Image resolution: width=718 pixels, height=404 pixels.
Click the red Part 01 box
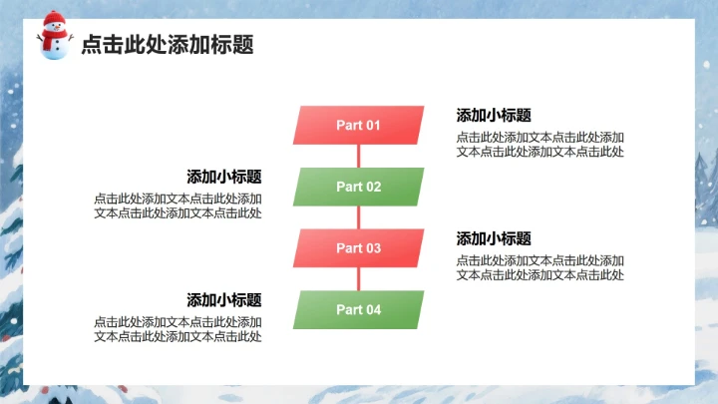tap(358, 125)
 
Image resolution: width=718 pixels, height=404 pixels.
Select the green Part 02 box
tap(358, 187)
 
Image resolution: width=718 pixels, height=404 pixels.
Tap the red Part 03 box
tap(358, 248)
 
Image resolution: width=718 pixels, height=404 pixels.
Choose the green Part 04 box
tap(358, 309)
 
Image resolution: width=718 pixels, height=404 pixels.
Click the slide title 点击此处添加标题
tap(167, 44)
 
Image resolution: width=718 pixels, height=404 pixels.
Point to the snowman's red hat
tap(53, 20)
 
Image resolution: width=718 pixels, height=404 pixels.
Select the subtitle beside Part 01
tap(494, 115)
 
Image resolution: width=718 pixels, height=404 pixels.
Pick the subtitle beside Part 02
tap(224, 177)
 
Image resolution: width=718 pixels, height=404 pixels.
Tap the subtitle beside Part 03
tap(494, 238)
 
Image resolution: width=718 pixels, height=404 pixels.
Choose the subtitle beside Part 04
tap(224, 299)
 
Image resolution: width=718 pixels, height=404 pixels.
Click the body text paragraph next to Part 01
tap(540, 145)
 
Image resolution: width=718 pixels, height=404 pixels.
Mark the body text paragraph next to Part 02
tap(178, 205)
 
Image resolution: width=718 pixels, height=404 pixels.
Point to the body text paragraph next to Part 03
tap(540, 267)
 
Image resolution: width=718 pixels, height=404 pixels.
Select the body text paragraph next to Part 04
tap(178, 329)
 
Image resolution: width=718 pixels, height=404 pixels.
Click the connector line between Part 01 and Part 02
tap(358, 156)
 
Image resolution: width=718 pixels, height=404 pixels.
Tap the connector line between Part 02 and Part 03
tap(358, 217)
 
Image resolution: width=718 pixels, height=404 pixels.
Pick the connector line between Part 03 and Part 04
tap(358, 279)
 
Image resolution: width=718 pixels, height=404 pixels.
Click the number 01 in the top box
tap(372, 125)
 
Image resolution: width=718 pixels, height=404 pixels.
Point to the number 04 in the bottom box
tap(372, 309)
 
